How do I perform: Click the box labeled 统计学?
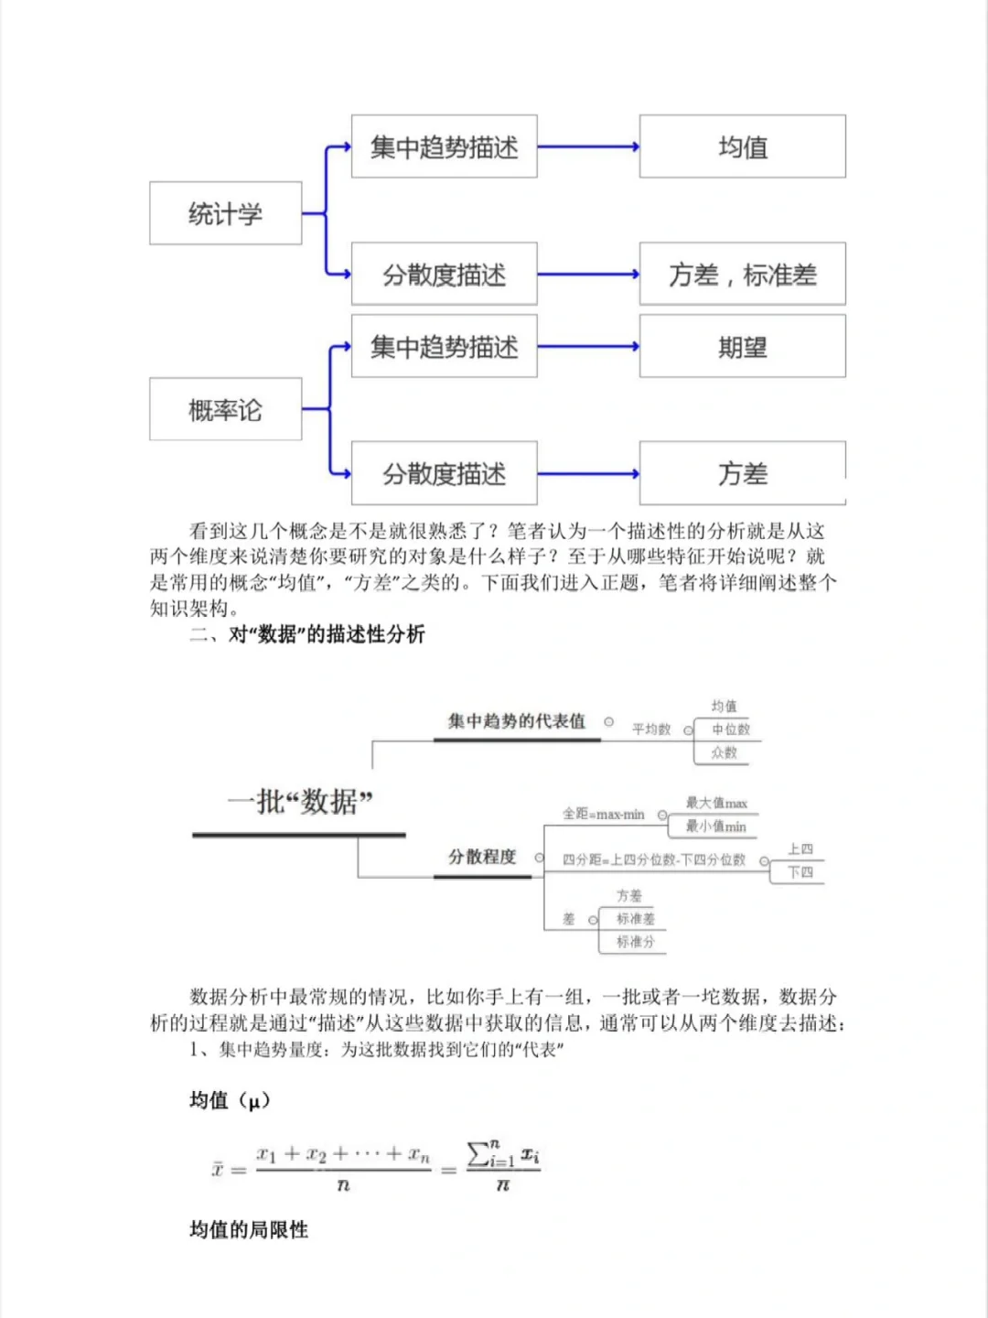pos(225,213)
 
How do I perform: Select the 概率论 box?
pos(225,409)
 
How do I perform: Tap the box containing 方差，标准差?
pos(742,274)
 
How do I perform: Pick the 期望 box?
pos(742,347)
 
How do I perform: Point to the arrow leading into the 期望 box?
pos(587,347)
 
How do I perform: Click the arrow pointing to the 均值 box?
pos(587,146)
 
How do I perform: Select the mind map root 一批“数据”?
pos(300,802)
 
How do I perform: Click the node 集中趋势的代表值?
pos(516,721)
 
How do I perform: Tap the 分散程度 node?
pos(482,857)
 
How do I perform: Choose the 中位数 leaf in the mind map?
pos(730,729)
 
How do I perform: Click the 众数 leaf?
pos(724,752)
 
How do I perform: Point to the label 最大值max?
pos(716,803)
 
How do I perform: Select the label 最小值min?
pos(715,826)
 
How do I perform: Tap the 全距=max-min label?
pos(603,814)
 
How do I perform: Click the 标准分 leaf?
pos(635,942)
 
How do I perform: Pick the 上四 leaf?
pos(800,849)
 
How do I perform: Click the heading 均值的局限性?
pos(249,1229)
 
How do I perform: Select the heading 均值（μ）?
pos(230,1100)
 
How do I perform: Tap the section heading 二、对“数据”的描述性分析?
pos(307,634)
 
